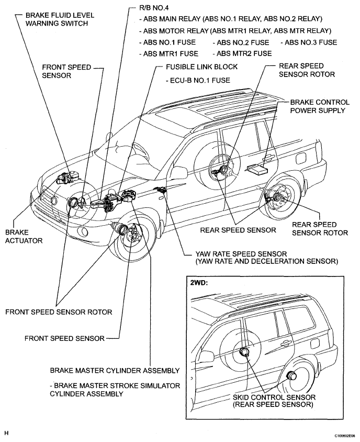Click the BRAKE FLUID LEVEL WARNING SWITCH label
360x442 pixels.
pos(60,19)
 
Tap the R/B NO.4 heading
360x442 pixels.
pos(154,7)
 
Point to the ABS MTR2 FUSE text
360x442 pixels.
pos(242,53)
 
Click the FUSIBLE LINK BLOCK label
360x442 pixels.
pos(201,67)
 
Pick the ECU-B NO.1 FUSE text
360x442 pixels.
pos(198,80)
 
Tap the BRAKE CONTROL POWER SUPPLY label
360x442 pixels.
pos(320,106)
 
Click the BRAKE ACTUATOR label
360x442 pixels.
pos(24,237)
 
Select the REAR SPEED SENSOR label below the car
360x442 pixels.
pos(238,230)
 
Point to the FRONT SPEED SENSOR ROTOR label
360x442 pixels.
pos(59,312)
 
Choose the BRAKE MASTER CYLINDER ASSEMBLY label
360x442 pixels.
pos(115,370)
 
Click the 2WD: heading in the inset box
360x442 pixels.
pos(199,283)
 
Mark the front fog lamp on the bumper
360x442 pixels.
pos(84,231)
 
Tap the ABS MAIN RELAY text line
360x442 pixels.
pos(231,19)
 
